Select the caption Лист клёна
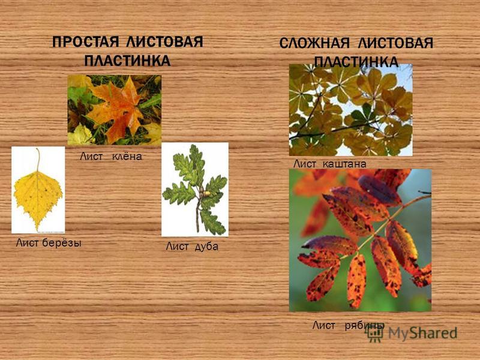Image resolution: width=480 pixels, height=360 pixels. point(111,157)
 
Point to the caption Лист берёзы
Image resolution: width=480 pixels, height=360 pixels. point(49,243)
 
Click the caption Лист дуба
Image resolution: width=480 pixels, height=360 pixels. point(192,246)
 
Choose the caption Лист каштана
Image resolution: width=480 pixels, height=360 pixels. point(329,164)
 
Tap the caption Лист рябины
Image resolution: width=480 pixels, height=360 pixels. point(348,325)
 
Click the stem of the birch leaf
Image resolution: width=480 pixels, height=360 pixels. point(38,160)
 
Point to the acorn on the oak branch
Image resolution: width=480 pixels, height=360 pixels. point(206,193)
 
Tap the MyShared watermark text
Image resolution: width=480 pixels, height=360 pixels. point(423,333)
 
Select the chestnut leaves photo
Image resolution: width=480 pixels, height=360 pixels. point(351,110)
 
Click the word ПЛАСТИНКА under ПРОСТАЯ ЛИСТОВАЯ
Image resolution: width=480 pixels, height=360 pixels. point(127,61)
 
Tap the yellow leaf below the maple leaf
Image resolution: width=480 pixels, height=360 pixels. point(80,134)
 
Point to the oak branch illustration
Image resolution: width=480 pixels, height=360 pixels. point(195,190)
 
